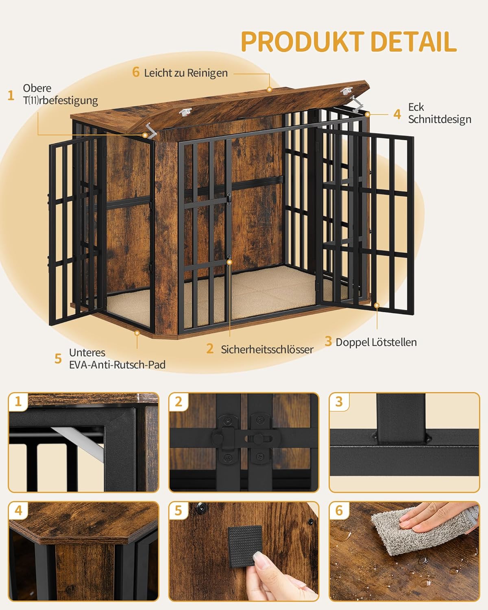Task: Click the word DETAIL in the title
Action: (x=414, y=41)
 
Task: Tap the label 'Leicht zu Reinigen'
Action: (x=186, y=73)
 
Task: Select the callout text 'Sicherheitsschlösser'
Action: (x=267, y=349)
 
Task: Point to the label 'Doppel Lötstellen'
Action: (x=376, y=342)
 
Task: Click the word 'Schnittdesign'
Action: (x=440, y=119)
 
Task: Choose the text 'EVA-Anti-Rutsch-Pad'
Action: (x=117, y=364)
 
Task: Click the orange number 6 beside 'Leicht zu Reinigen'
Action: (x=136, y=72)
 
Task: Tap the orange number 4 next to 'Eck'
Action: (x=397, y=114)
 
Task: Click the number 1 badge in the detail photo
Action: (x=18, y=402)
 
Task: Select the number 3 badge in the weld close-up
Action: (x=339, y=402)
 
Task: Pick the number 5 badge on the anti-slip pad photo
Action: (x=179, y=511)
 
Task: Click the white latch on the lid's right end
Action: (x=347, y=91)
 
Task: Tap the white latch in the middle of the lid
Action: (x=185, y=112)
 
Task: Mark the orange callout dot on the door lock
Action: (x=229, y=262)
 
